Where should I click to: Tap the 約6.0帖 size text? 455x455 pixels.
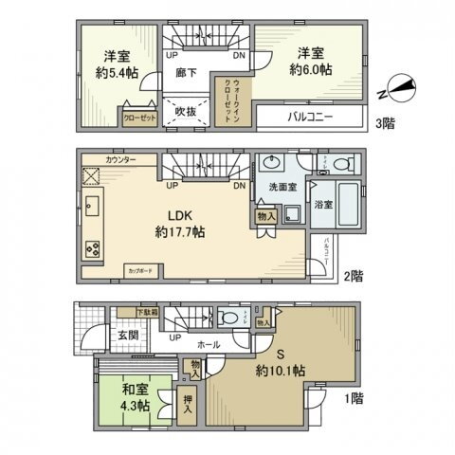312,69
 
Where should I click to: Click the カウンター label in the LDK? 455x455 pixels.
120,162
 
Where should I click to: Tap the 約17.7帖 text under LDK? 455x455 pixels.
183,230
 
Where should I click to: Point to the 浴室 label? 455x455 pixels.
322,205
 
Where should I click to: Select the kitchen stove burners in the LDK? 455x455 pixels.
94,249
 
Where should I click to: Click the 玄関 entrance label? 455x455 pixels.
128,335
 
